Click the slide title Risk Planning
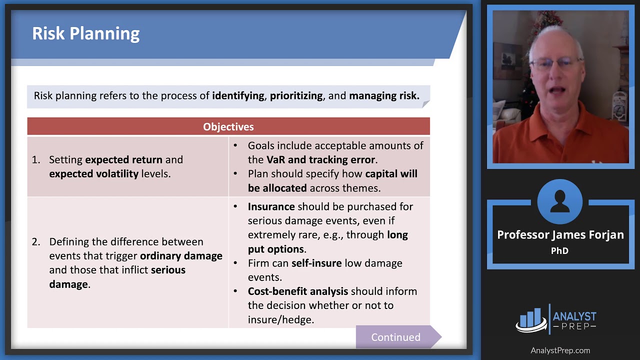click(x=85, y=33)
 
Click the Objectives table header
click(x=228, y=127)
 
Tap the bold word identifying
click(x=238, y=95)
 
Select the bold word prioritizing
click(x=296, y=95)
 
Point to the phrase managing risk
click(x=384, y=95)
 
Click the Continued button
click(x=395, y=337)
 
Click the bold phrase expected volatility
click(x=93, y=174)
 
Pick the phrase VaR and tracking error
click(x=320, y=160)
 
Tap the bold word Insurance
click(x=271, y=206)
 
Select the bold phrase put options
click(x=275, y=249)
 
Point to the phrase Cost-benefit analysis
click(x=298, y=291)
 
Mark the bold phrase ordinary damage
click(x=181, y=255)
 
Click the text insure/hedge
click(x=280, y=319)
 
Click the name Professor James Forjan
click(x=560, y=235)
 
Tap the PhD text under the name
click(x=559, y=251)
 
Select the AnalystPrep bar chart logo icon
click(x=531, y=319)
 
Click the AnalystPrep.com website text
click(x=560, y=350)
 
